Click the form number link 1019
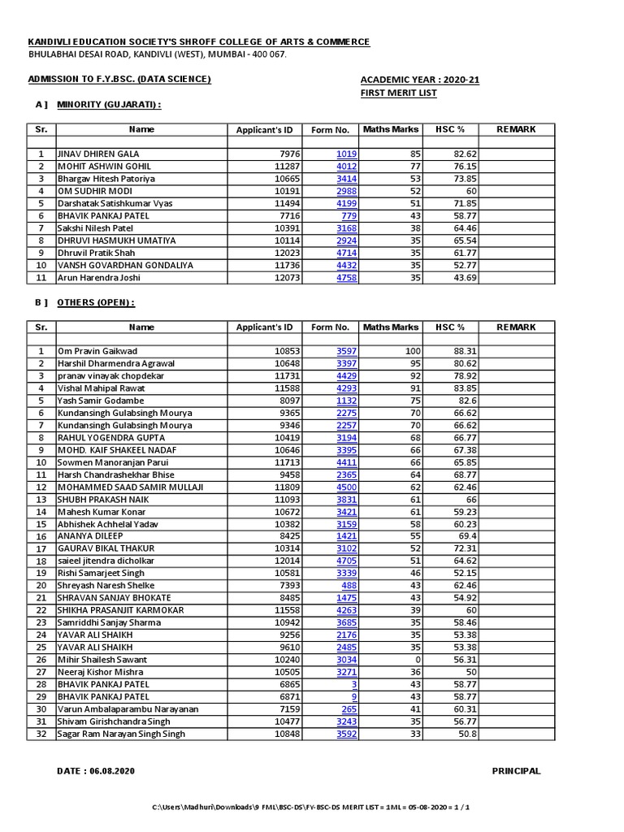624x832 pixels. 346,154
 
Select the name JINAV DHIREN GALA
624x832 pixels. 97,154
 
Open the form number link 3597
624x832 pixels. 346,351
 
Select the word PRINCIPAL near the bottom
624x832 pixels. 516,771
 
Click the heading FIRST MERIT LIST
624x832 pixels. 398,93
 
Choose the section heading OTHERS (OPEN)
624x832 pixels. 95,302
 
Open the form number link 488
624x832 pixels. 349,585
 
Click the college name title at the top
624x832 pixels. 199,41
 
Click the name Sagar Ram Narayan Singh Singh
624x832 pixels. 121,734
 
